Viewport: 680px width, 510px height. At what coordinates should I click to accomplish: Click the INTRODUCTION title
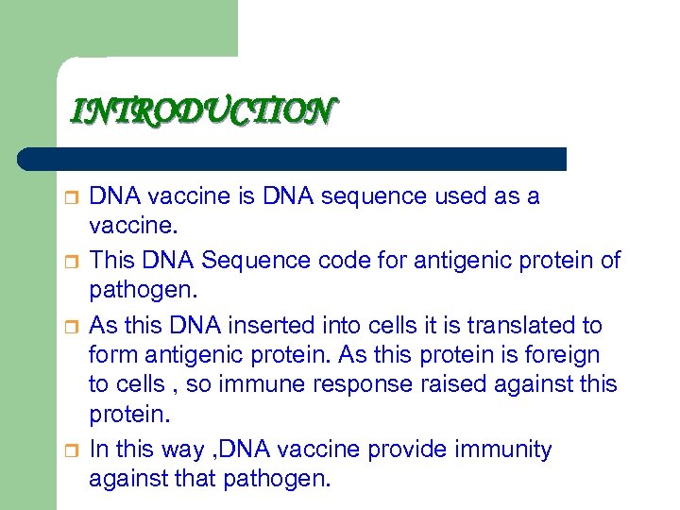tap(201, 112)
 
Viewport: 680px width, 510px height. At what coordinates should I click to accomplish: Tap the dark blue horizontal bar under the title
tap(293, 159)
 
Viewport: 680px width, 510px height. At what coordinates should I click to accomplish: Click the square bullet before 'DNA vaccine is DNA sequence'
tap(69, 197)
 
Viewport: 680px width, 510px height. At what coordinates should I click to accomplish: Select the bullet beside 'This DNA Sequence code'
tap(69, 262)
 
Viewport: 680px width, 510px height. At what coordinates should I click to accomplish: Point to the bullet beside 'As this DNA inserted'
tap(69, 326)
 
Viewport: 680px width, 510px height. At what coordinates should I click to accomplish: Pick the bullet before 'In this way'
tap(69, 450)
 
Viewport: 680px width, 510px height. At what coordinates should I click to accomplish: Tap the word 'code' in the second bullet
tap(326, 261)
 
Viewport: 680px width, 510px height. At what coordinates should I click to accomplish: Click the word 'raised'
tap(452, 385)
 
